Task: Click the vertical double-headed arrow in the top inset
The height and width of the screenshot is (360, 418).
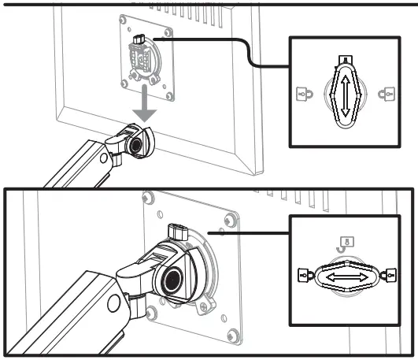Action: click(x=343, y=93)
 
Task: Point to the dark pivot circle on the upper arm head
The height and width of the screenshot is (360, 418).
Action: click(x=135, y=145)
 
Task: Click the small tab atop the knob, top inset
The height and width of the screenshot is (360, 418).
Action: click(x=343, y=60)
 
